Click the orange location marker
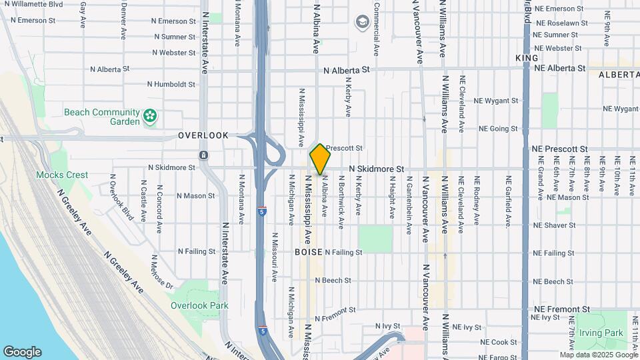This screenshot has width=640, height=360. [x=320, y=159]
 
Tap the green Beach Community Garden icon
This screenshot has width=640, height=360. [x=152, y=117]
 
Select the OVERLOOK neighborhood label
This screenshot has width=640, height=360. [x=203, y=135]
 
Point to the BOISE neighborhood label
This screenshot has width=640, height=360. [x=309, y=253]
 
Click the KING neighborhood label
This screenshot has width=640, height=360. [x=527, y=59]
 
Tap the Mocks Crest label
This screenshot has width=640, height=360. [x=63, y=175]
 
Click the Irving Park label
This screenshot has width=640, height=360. [x=611, y=333]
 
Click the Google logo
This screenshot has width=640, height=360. [x=22, y=352]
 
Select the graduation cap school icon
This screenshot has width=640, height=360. [x=362, y=23]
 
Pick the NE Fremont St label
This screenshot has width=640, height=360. [x=562, y=309]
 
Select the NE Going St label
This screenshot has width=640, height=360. [x=498, y=129]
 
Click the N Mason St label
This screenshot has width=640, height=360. [x=195, y=196]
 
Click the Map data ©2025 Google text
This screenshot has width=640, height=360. [x=598, y=355]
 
